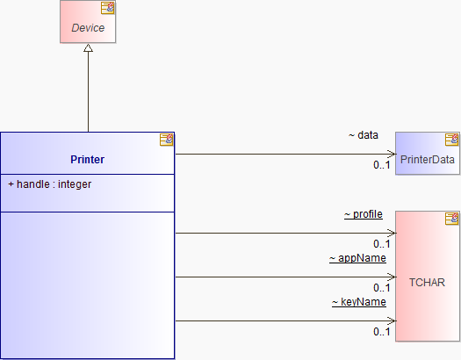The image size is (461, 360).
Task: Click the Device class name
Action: pos(88,28)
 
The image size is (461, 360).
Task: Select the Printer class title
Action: pos(87,160)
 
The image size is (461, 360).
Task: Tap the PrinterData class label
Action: pos(427,160)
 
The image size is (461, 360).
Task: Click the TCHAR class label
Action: pos(427,283)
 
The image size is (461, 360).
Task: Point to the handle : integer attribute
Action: pos(50,184)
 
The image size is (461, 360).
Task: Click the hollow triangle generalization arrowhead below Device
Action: pos(88,48)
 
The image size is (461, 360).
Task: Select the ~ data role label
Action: pos(364,135)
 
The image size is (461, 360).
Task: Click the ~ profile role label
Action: pos(364,214)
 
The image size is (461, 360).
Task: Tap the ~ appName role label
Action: pos(357,258)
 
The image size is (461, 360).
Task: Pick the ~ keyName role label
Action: pos(359,302)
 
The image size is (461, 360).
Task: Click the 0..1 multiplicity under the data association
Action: pos(382,165)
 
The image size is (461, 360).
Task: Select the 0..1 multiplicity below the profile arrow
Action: pos(382,244)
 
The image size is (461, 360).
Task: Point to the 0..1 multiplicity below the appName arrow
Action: pos(382,288)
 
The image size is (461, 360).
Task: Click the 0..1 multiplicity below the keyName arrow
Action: pos(382,332)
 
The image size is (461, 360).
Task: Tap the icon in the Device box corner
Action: pos(108,8)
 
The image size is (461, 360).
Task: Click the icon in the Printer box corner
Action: pos(167,140)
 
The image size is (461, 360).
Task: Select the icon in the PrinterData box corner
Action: pos(451,140)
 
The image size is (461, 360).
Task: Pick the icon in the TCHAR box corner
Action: pos(451,219)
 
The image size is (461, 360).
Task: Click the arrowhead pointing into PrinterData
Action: pos(392,154)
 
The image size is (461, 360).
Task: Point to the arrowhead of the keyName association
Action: pos(392,320)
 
